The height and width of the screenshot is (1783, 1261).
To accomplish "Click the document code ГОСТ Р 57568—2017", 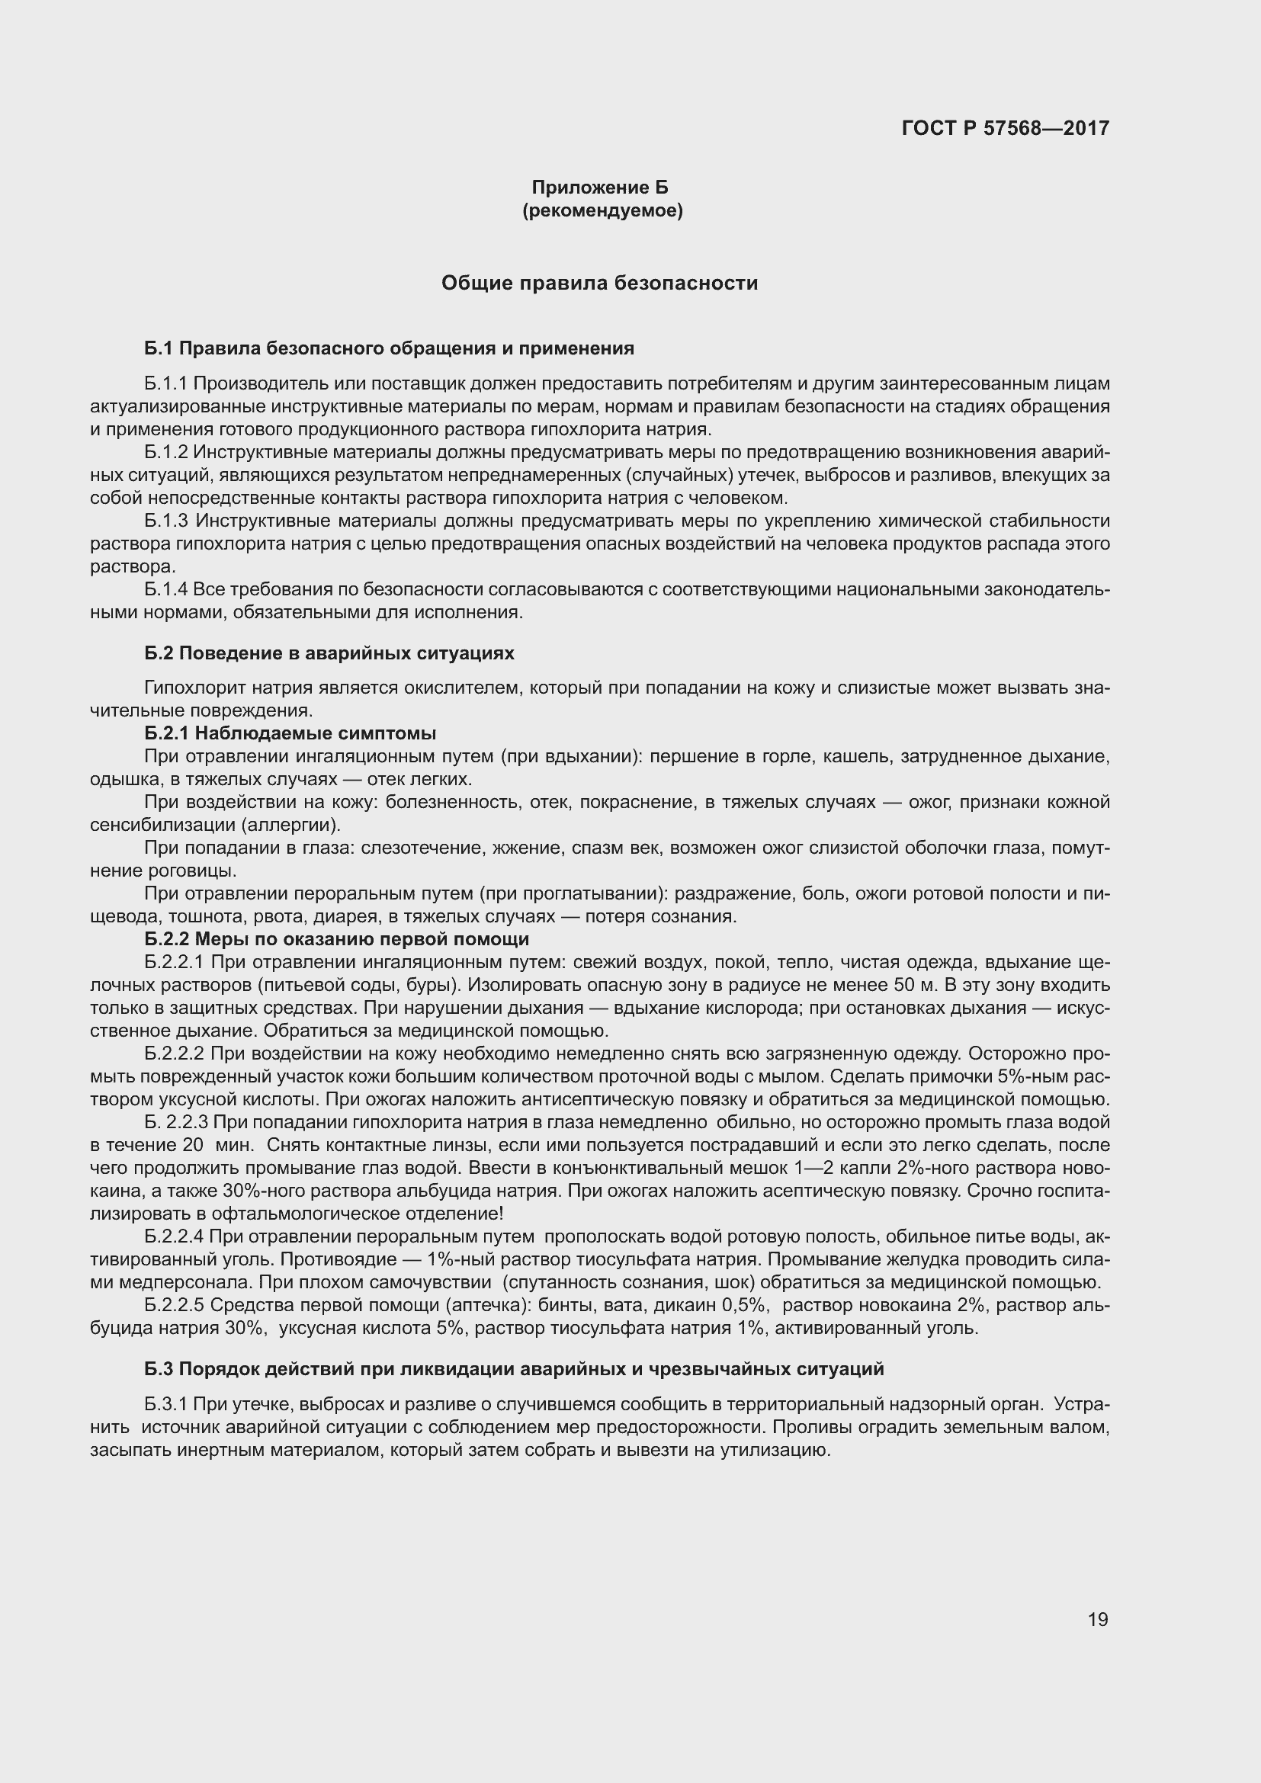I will (1005, 128).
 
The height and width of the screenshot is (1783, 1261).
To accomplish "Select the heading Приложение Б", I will (599, 188).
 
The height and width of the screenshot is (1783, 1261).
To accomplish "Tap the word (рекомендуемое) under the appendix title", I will (602, 210).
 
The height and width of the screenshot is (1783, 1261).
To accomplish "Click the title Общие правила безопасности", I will (599, 283).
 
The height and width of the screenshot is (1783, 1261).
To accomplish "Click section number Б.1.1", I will (165, 383).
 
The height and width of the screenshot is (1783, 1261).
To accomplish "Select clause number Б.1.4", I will (165, 589).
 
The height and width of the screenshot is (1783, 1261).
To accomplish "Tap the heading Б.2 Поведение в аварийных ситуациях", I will (329, 653).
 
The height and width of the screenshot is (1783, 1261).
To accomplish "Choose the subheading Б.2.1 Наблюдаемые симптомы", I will (290, 733).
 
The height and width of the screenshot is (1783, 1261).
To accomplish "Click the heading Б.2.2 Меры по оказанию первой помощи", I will (336, 940).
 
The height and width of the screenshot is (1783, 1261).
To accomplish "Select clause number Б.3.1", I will (165, 1405).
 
